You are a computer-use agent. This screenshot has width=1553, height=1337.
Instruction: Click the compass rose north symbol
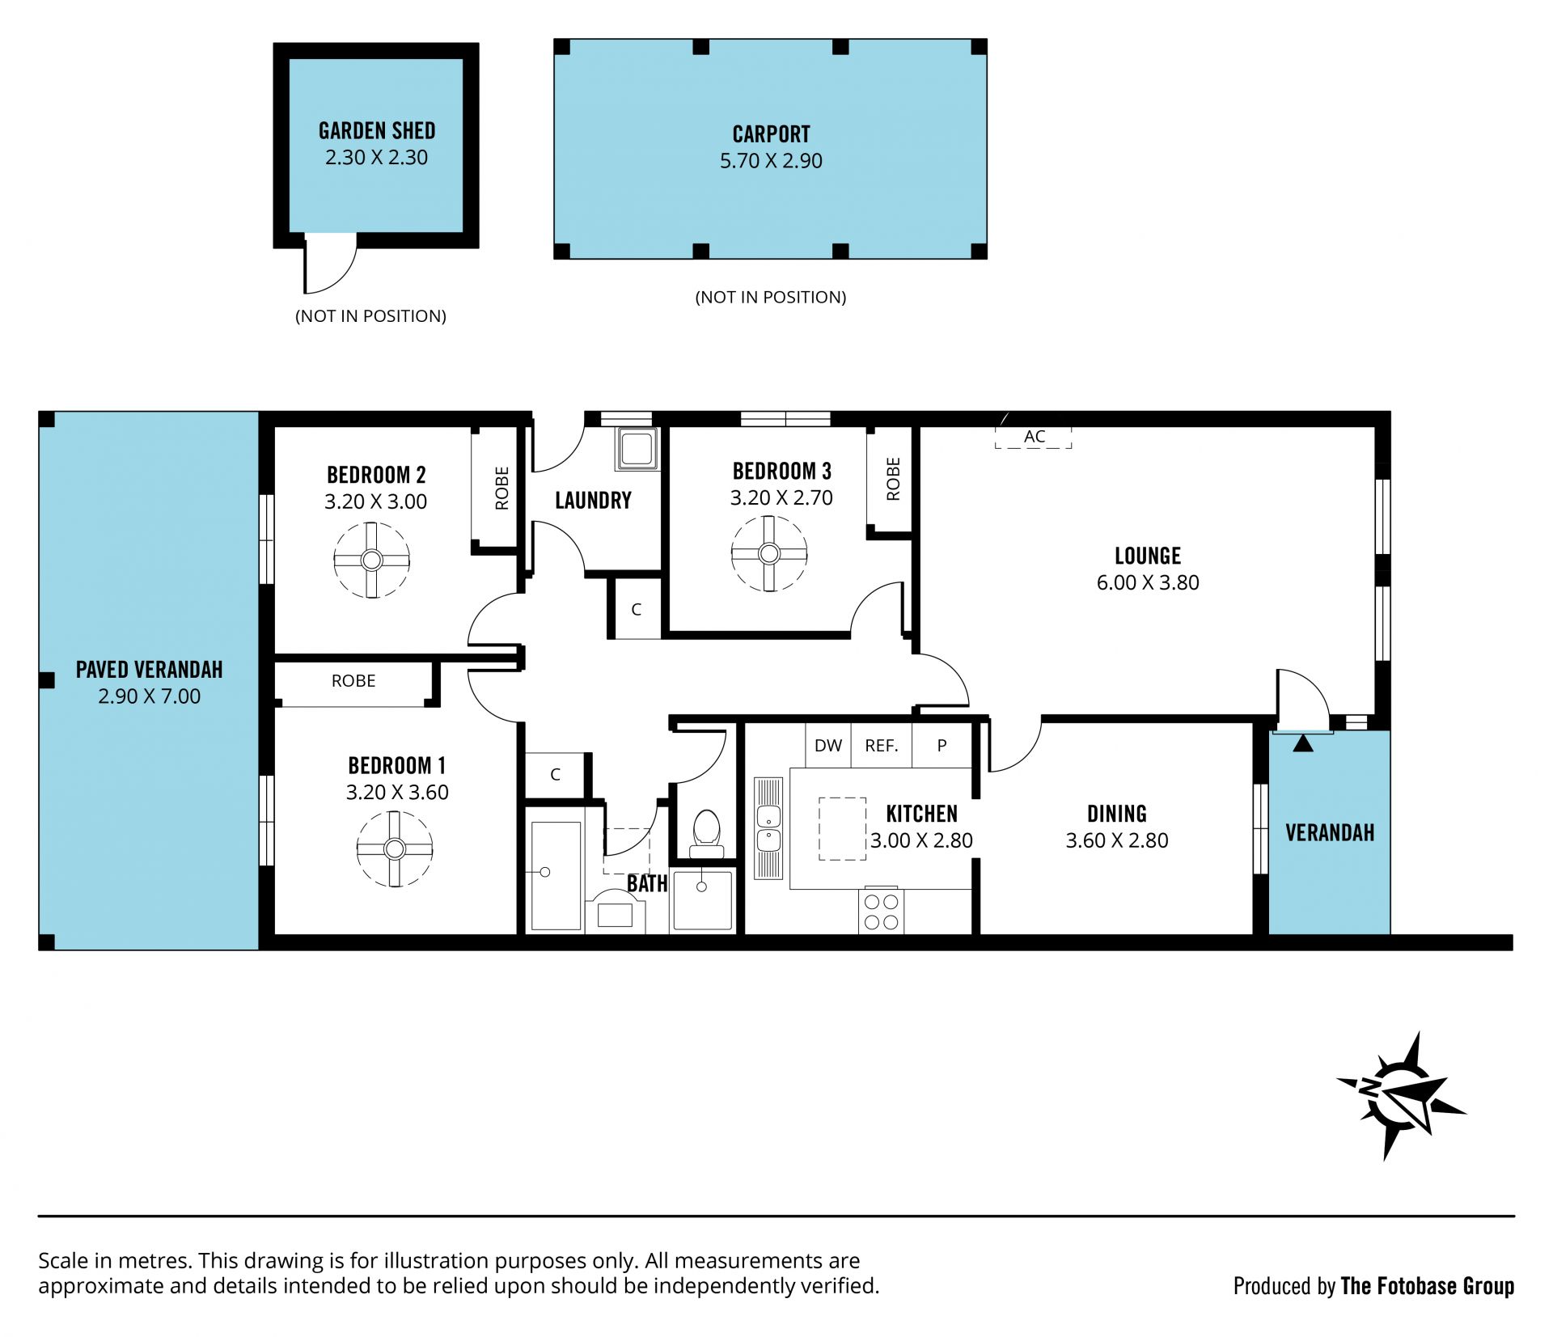(1402, 1095)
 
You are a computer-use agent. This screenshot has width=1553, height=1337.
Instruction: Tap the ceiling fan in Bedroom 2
(371, 560)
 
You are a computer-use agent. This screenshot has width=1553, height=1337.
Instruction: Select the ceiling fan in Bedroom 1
(394, 849)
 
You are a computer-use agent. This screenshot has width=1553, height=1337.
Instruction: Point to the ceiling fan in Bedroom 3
(768, 554)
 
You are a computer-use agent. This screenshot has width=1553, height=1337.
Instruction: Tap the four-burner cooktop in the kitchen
(881, 912)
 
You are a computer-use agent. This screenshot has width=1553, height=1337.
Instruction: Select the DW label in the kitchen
(828, 746)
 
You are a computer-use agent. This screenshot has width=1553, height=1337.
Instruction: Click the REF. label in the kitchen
(882, 746)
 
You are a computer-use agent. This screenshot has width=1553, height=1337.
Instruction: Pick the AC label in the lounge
(1035, 437)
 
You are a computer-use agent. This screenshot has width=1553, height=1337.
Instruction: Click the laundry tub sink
(637, 449)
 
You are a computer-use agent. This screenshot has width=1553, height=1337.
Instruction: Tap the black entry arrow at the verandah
(1303, 743)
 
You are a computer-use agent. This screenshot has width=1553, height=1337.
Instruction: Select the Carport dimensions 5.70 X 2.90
(771, 161)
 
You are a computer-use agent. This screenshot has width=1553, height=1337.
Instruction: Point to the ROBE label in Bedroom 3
(893, 479)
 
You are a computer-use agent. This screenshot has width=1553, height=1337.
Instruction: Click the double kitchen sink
(768, 828)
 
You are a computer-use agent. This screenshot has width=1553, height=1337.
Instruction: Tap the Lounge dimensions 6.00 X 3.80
(1148, 582)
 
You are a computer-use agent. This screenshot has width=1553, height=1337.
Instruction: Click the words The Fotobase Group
(1427, 1286)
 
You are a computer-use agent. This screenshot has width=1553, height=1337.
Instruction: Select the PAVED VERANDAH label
(150, 670)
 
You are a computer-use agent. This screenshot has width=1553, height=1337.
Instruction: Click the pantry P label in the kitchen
(942, 746)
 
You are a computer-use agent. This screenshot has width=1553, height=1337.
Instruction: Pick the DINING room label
(1117, 814)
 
